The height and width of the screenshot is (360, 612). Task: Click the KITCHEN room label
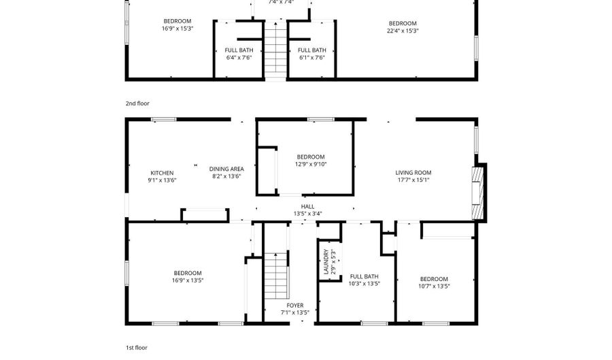click(x=162, y=173)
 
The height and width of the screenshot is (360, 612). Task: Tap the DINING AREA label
click(x=226, y=169)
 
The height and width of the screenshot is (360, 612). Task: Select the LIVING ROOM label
click(x=413, y=173)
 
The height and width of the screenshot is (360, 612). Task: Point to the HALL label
click(x=308, y=207)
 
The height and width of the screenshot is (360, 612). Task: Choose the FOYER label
click(x=295, y=306)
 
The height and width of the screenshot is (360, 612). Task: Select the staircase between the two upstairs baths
click(x=274, y=49)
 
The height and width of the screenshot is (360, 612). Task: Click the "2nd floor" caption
click(x=137, y=103)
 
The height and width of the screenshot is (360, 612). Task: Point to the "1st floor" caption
click(x=136, y=347)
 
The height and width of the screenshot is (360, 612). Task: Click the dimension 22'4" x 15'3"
click(x=403, y=31)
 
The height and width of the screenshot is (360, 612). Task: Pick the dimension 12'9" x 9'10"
click(x=310, y=164)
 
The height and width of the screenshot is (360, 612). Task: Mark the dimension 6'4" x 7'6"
click(x=239, y=58)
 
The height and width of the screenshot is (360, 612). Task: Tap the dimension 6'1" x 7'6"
click(x=312, y=58)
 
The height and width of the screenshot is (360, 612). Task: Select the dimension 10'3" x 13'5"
click(x=364, y=284)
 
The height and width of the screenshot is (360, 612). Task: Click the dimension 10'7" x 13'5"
click(x=434, y=287)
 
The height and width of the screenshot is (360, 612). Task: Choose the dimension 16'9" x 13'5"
click(x=187, y=280)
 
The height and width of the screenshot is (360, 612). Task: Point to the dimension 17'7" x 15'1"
click(x=413, y=180)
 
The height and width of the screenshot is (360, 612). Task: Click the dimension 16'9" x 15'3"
click(x=177, y=29)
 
